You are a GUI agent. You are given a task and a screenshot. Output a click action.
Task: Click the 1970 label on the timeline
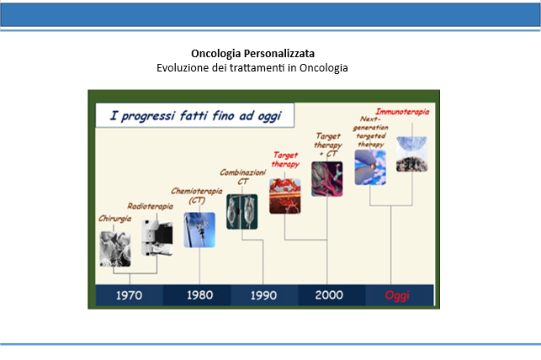[x=129, y=295]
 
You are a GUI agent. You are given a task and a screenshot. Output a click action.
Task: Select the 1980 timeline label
[x=199, y=295]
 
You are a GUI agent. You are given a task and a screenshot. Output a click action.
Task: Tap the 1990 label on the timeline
[x=263, y=295]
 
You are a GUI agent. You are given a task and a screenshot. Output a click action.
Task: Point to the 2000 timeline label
[x=329, y=295]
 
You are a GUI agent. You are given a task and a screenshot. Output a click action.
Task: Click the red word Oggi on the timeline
[x=397, y=295]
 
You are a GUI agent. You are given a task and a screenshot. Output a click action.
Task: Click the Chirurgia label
[x=115, y=219]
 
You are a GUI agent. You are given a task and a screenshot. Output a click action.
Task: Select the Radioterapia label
[x=150, y=206]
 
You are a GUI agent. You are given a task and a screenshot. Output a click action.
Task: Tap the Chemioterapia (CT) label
[x=197, y=195]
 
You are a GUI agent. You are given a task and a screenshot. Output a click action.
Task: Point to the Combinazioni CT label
[x=243, y=177]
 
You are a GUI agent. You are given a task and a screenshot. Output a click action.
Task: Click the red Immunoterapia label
[x=402, y=112]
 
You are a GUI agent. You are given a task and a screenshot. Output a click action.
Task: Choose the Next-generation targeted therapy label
[x=370, y=132]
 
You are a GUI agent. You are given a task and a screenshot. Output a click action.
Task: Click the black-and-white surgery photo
[x=115, y=249]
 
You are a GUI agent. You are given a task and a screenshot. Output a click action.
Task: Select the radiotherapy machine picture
[x=157, y=238]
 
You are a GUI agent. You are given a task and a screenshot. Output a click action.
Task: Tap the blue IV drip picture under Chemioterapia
[x=199, y=230]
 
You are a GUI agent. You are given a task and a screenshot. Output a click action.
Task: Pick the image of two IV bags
[x=241, y=212]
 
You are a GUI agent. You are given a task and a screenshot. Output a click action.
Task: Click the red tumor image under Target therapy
[x=285, y=196]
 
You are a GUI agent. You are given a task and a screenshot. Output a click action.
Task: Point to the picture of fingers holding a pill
[x=370, y=167]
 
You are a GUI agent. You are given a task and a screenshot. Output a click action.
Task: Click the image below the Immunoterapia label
[x=411, y=154]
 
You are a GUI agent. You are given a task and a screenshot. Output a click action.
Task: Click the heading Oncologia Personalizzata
[x=253, y=54]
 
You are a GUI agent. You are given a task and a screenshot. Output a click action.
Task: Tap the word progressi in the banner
[x=148, y=116]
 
